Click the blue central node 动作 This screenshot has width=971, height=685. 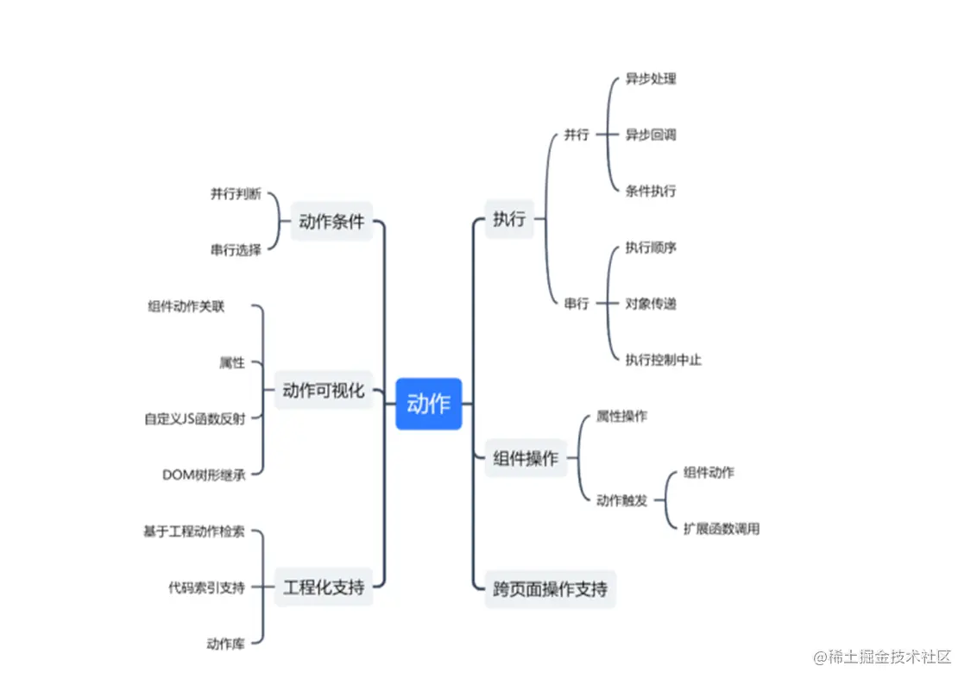[x=429, y=403]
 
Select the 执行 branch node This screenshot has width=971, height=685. [x=509, y=219]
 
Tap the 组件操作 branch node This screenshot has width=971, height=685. [x=526, y=458]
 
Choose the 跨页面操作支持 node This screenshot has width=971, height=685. [x=550, y=589]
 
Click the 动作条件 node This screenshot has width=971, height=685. [x=331, y=221]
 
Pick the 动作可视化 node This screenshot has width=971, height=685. [x=324, y=390]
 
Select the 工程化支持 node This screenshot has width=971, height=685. [x=324, y=588]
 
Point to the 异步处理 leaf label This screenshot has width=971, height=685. [x=651, y=79]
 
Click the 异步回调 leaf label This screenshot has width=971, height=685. [x=651, y=135]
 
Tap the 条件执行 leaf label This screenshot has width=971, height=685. [x=651, y=191]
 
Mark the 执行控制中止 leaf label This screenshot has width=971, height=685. [x=663, y=360]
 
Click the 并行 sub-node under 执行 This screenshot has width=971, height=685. [x=577, y=135]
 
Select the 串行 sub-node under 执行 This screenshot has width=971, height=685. [x=577, y=304]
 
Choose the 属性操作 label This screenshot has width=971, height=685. [x=621, y=416]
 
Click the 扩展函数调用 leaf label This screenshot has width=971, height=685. [x=722, y=529]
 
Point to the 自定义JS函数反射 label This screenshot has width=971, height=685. [x=194, y=419]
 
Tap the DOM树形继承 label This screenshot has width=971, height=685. [x=204, y=474]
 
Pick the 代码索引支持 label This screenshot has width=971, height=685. [x=206, y=588]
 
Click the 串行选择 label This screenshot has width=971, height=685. [x=236, y=250]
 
